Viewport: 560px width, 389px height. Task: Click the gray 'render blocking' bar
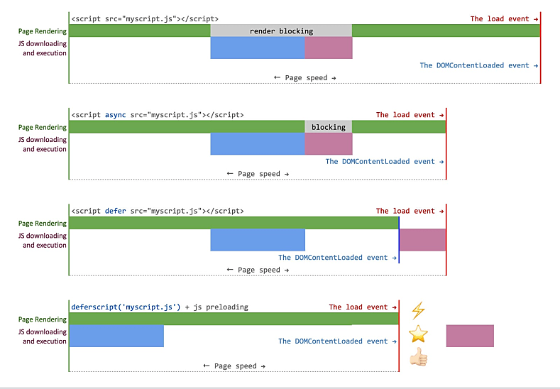[281, 31]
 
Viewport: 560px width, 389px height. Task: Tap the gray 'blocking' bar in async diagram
[328, 127]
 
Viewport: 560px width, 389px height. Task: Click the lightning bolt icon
[418, 310]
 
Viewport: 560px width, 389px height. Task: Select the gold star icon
[418, 334]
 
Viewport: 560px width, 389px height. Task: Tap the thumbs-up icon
[419, 357]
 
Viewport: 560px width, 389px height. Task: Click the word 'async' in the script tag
[116, 115]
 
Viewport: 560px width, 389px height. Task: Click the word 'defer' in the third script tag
[116, 211]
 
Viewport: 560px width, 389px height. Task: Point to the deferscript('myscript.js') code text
[126, 307]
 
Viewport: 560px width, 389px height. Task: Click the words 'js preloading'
[221, 307]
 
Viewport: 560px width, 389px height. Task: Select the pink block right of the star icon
[470, 336]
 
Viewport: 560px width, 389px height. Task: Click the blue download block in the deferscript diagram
[116, 336]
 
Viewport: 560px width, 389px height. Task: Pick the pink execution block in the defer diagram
[422, 240]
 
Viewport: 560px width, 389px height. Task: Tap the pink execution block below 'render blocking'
[329, 48]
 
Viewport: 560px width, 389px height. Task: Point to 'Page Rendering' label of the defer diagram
[43, 224]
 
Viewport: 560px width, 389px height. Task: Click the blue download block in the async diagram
[258, 143]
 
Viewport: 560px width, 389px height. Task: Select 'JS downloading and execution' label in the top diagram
[43, 48]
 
